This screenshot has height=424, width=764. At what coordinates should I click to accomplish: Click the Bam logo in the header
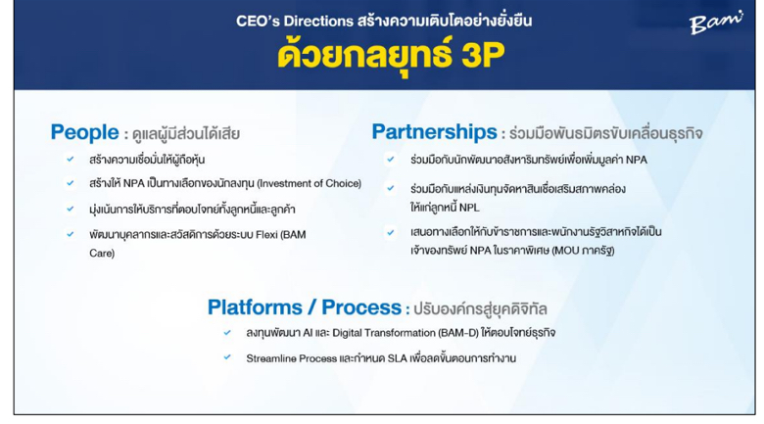coord(716,23)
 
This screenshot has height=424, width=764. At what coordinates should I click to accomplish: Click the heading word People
coord(85,132)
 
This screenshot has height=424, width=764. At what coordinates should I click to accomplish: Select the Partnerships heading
coord(434,132)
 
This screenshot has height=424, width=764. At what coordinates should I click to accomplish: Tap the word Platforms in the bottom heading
coord(255,307)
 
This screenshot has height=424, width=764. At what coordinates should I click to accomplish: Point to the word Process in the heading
coord(361,307)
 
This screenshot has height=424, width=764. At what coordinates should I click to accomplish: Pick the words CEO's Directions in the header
coord(295,21)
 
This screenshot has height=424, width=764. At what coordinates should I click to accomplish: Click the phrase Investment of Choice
coord(309,183)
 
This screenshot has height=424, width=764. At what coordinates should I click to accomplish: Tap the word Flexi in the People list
coord(266,235)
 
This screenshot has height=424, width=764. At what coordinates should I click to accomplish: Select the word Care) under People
coord(102,254)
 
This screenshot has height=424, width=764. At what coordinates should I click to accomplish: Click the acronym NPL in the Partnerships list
coord(469,208)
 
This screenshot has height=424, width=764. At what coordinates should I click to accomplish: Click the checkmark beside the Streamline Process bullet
coord(227,357)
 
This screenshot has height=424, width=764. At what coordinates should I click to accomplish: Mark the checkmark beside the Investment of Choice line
coord(71,183)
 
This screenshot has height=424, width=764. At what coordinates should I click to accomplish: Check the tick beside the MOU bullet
coord(390,232)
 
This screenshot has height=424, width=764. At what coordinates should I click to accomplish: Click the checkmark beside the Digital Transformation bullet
coord(227,332)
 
